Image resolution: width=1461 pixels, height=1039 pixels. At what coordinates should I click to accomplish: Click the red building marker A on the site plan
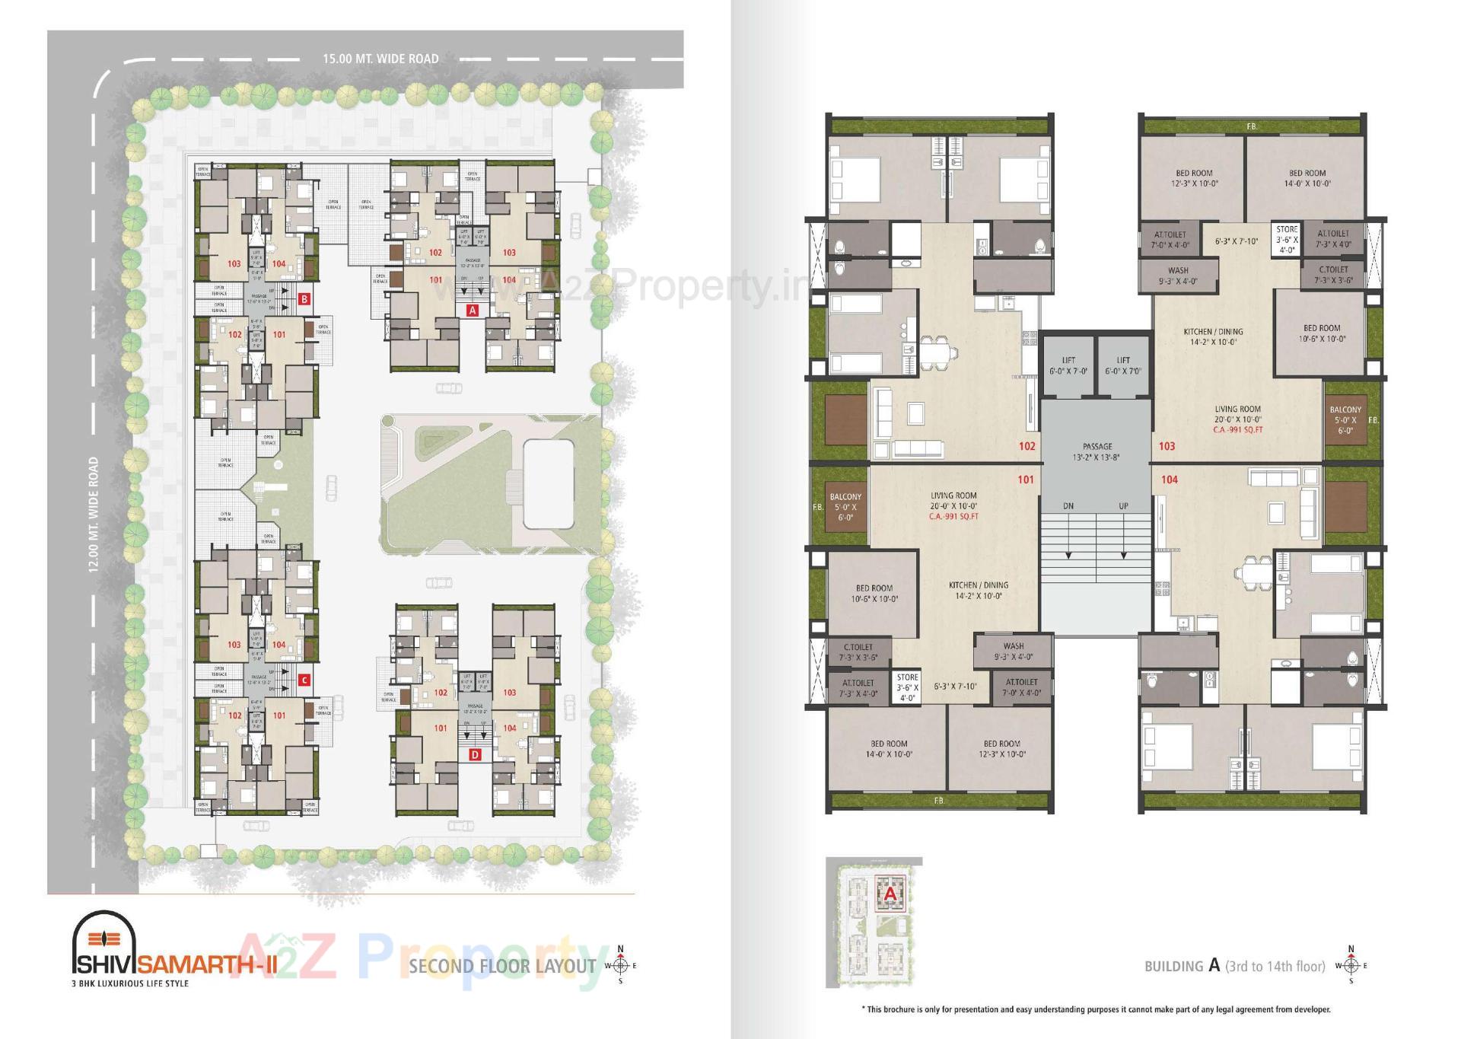click(472, 310)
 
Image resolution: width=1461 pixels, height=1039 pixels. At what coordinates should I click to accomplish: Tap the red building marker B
click(304, 299)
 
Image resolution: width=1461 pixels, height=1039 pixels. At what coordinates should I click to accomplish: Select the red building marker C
click(304, 680)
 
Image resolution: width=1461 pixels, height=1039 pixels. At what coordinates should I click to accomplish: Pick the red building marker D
click(475, 755)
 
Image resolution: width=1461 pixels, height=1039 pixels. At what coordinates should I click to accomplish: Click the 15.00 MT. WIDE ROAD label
click(380, 59)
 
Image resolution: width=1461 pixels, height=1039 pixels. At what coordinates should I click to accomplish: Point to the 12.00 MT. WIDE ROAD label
click(93, 515)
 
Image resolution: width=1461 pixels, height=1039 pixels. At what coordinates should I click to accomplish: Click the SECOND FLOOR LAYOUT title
click(502, 967)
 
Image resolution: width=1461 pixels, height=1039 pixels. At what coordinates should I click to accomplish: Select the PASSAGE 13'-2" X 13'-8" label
click(1097, 451)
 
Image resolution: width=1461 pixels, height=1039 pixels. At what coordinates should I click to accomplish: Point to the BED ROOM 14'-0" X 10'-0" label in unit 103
click(1307, 178)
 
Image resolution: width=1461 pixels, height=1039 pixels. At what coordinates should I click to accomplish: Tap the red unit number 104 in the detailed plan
click(1170, 480)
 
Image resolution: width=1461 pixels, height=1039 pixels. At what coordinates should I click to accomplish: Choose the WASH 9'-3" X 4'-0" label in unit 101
click(1013, 651)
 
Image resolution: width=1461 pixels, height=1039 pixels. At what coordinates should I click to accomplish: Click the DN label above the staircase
click(1068, 506)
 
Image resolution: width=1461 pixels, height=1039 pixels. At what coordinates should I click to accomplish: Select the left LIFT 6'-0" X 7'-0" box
click(1068, 365)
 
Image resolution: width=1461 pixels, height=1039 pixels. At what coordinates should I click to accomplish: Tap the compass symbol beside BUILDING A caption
click(1351, 966)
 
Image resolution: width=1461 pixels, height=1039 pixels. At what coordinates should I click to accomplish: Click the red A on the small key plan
click(890, 895)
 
